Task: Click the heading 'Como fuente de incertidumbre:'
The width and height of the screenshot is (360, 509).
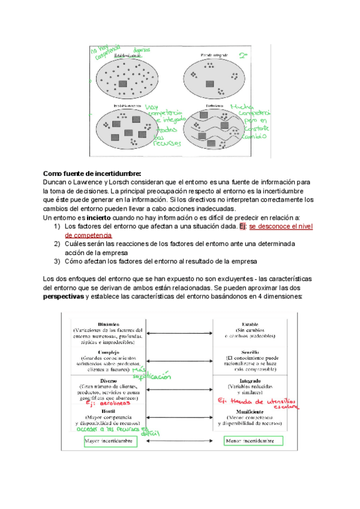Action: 92,173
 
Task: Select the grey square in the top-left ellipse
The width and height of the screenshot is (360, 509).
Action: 123,83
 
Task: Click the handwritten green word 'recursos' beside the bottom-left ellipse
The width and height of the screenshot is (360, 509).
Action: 165,143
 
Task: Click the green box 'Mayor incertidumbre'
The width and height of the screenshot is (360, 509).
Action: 111,441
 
